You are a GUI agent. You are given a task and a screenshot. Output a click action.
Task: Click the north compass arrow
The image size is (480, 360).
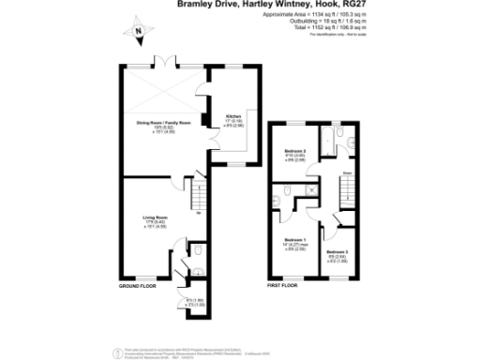[138, 34]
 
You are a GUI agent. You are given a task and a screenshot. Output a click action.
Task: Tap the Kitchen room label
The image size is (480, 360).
[233, 116]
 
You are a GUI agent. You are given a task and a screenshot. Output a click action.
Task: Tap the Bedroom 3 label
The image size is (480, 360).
[337, 252]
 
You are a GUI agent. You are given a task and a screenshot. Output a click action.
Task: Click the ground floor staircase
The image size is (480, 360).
[198, 197]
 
